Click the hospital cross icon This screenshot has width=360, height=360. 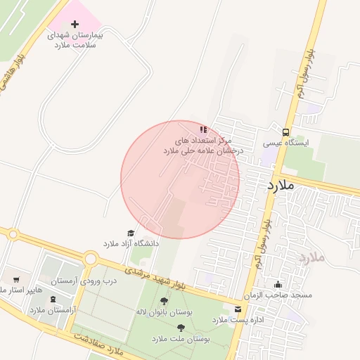click(x=75, y=25)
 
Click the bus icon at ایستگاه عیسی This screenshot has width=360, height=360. click(x=285, y=131)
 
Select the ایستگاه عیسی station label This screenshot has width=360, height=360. click(x=285, y=143)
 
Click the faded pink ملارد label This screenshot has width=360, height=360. click(x=311, y=257)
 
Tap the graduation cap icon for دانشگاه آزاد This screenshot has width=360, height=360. click(x=130, y=233)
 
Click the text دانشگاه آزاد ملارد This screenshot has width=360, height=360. click(x=131, y=243)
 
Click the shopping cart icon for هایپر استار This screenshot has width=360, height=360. click(x=16, y=279)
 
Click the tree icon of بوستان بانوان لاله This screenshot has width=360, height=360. click(x=164, y=301)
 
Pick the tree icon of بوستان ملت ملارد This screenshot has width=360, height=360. click(x=181, y=328)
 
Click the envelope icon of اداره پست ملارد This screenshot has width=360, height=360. click(x=238, y=309)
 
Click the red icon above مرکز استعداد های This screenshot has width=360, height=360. click(x=203, y=129)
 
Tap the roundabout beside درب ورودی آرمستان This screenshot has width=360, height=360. click(x=90, y=259)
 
